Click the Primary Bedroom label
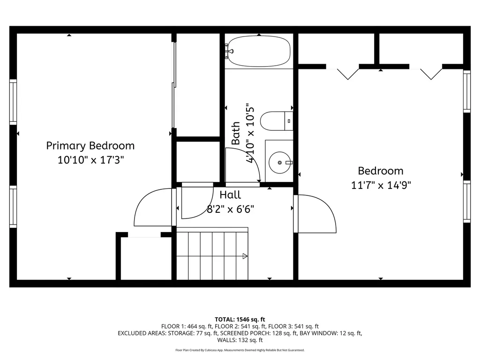tap(90, 146)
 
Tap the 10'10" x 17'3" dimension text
tap(90, 160)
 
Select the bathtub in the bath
tap(259, 51)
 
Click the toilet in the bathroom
tap(277, 121)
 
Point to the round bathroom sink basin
tap(280, 163)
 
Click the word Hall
tap(230, 195)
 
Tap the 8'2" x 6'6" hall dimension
tap(231, 209)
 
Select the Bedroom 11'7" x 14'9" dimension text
tap(381, 185)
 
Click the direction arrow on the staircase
tap(245, 256)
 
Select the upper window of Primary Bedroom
tap(13, 102)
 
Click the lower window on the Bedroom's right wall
tap(467, 202)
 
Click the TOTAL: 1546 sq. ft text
tap(240, 320)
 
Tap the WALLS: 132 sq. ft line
tap(240, 340)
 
